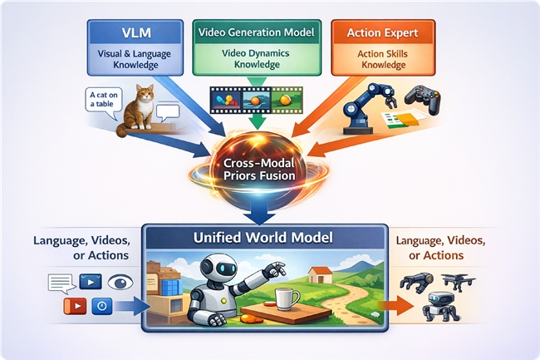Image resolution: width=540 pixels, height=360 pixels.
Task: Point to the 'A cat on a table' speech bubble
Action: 103,100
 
